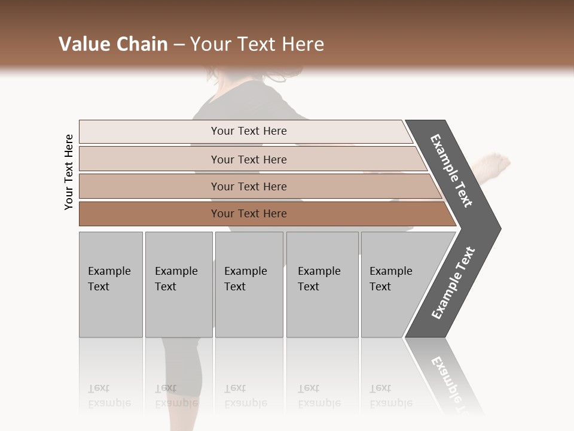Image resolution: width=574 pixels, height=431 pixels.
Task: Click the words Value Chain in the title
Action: pos(113,44)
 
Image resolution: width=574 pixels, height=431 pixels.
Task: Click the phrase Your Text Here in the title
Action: pos(257,44)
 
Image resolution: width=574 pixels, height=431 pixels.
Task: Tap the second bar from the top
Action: pos(249,159)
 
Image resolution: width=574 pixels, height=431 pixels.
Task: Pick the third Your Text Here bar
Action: pos(249,186)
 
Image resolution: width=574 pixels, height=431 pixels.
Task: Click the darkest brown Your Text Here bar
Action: pos(249,214)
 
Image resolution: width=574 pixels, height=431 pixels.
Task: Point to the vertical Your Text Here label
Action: pos(69,172)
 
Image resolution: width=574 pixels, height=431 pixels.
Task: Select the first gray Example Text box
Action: pos(111,284)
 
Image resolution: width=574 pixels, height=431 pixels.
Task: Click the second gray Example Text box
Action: pos(178,284)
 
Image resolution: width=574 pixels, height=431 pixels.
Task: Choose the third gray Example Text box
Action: pos(248,284)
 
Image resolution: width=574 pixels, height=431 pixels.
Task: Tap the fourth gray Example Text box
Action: pos(322,284)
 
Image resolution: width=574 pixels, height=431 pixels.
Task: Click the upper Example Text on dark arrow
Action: pos(451,171)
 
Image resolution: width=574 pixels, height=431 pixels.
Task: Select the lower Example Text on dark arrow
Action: pos(453,283)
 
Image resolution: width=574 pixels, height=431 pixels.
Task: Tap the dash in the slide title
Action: pos(179,45)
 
